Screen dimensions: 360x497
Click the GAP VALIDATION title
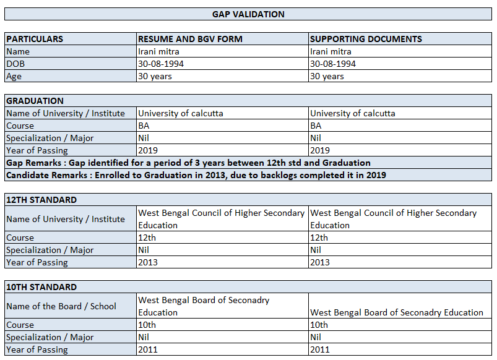(248, 14)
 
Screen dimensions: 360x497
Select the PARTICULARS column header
(35, 39)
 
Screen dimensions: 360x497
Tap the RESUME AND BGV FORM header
(190, 39)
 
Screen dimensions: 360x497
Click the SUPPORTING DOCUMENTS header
(366, 39)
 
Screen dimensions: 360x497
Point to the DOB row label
(16, 64)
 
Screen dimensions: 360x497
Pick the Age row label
(14, 76)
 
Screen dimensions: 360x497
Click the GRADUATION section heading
(35, 101)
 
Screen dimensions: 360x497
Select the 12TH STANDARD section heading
(41, 200)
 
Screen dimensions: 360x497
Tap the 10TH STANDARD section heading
(41, 287)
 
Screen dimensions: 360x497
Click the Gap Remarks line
(188, 163)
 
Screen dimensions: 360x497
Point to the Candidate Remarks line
(196, 175)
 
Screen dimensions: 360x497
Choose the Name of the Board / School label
(61, 306)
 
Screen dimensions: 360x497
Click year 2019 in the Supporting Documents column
(320, 150)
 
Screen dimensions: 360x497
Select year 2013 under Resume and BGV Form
(148, 262)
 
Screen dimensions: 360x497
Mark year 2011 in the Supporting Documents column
(320, 349)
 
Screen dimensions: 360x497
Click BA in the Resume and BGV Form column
(144, 126)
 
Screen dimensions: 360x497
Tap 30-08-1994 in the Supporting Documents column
(333, 64)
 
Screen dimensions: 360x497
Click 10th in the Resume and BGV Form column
(147, 325)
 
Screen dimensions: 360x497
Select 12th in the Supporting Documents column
(319, 238)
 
